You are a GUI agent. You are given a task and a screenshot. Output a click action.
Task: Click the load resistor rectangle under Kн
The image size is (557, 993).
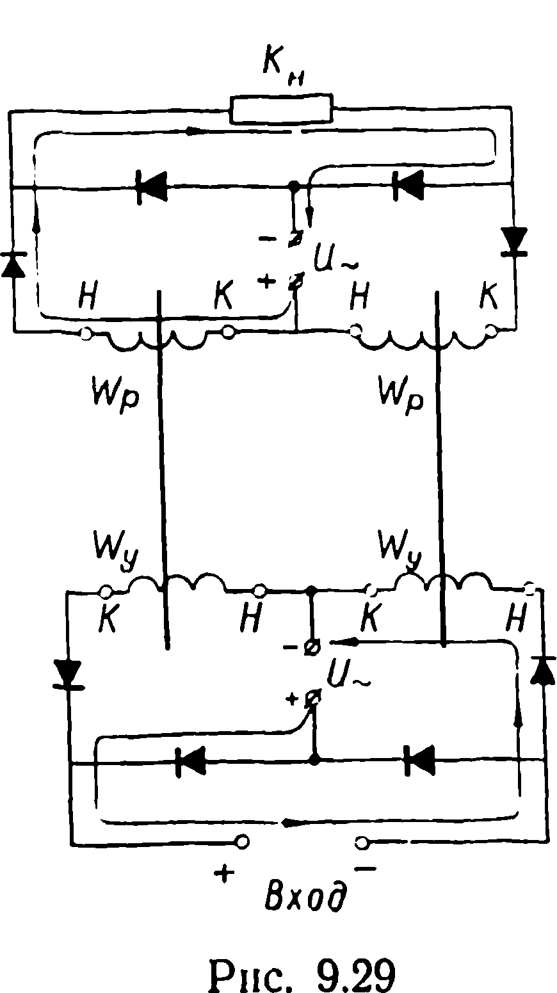(281, 108)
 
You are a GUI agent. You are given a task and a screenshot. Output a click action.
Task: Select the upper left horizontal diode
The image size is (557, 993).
(151, 187)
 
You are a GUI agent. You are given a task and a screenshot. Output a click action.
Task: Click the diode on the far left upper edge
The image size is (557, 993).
(13, 264)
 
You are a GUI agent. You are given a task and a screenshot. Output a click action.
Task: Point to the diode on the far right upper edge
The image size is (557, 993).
(515, 241)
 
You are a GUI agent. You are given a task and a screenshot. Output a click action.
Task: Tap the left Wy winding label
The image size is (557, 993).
(115, 551)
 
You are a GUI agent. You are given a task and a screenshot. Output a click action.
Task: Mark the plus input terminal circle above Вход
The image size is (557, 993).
(242, 841)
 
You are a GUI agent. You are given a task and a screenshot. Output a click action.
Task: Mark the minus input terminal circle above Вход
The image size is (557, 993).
(362, 841)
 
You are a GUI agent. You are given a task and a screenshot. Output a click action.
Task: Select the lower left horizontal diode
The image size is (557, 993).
(191, 762)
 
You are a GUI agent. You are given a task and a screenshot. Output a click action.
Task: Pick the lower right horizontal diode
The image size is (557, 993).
(419, 761)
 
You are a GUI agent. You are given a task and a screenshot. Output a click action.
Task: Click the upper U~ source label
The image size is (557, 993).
(335, 259)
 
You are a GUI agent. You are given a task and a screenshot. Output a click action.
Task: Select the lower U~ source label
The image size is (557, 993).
(348, 674)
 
